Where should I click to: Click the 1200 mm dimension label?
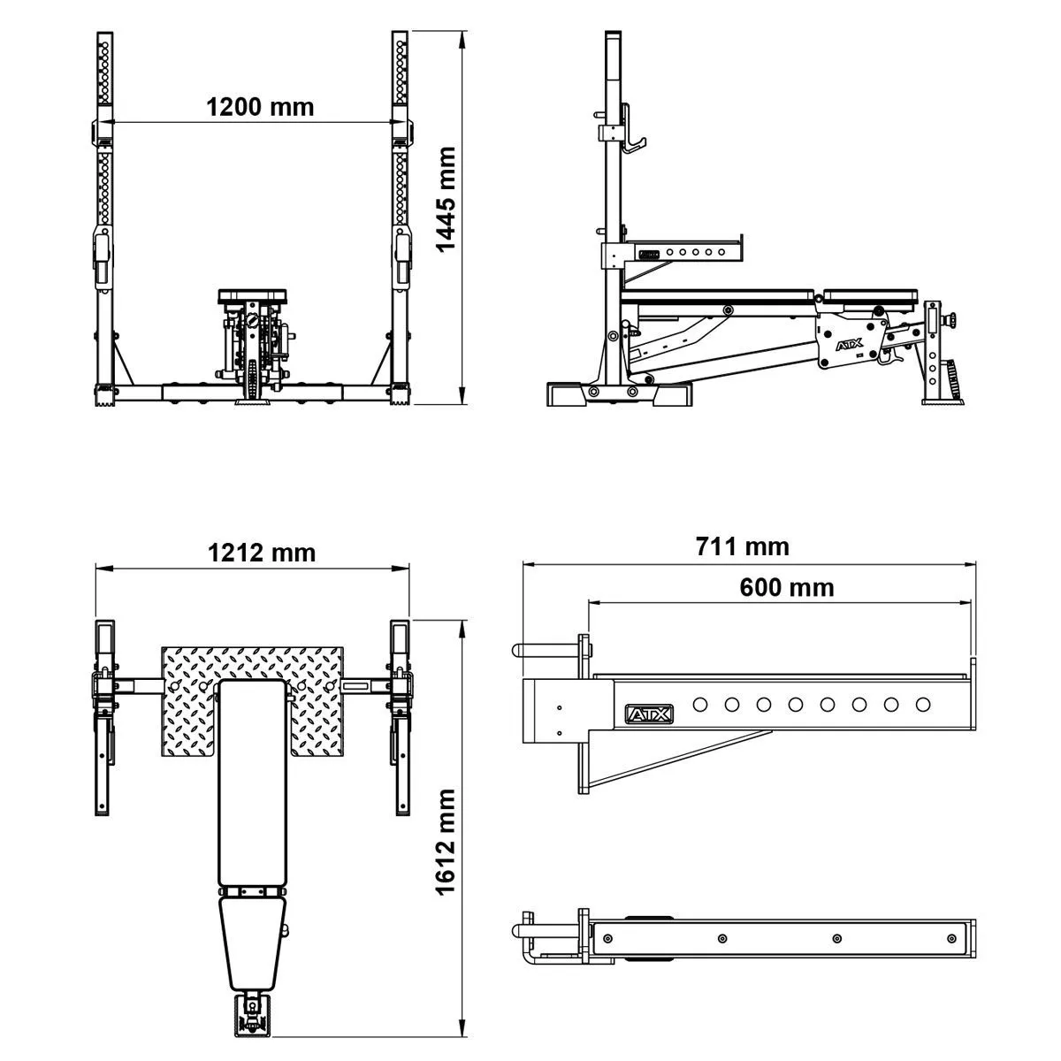pos(260,107)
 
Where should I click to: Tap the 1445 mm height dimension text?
pos(446,199)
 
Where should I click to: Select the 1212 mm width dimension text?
pos(262,553)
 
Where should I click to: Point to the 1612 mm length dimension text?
pos(446,842)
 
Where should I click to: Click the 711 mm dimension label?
pos(742,546)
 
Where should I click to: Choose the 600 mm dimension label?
pos(787,587)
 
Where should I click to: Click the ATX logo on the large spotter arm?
pos(649,714)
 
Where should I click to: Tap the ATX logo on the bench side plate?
pos(850,346)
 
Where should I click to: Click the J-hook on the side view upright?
pos(632,130)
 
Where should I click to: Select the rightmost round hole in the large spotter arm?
pos(923,704)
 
